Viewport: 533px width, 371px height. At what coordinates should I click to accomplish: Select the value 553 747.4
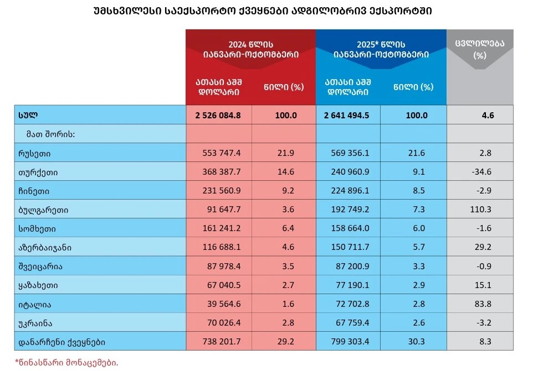click(x=218, y=153)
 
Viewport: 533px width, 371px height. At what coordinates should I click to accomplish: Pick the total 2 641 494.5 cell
click(x=348, y=116)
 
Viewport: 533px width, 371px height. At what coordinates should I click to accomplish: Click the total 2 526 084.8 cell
click(x=218, y=116)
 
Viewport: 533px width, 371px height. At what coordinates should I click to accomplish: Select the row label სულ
click(x=27, y=116)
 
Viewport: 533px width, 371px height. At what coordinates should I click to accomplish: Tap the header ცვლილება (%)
click(x=480, y=50)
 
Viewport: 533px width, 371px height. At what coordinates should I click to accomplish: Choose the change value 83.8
click(x=480, y=304)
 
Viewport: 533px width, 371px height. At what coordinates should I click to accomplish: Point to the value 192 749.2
click(x=348, y=210)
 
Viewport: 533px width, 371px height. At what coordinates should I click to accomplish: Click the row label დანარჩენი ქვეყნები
click(x=61, y=342)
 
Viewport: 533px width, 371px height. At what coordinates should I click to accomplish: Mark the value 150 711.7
click(x=348, y=247)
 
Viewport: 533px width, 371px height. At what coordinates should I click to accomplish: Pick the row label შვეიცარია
click(x=40, y=266)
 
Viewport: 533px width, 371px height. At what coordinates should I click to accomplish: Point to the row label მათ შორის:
click(x=50, y=134)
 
